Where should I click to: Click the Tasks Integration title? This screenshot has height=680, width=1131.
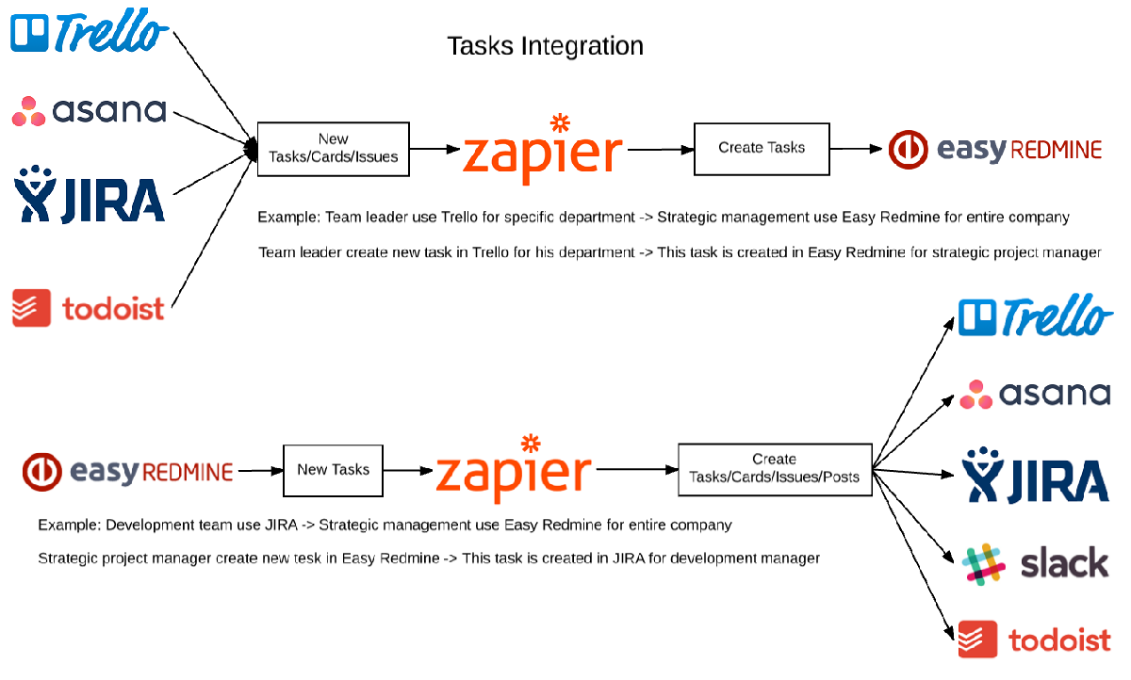(x=545, y=45)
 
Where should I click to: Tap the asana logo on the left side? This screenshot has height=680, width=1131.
(x=90, y=111)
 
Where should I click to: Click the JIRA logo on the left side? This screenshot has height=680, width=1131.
(x=90, y=194)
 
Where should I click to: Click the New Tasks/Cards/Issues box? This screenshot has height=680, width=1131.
(x=333, y=149)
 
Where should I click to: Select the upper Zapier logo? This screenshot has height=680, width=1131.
(x=543, y=151)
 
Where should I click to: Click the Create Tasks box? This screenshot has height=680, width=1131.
(x=762, y=148)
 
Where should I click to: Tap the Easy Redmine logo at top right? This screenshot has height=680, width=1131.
(x=995, y=149)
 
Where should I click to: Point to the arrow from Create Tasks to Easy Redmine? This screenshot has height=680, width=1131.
(x=858, y=148)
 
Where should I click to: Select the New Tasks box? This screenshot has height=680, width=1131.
(x=333, y=470)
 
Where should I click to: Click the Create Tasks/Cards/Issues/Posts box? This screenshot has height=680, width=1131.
(x=774, y=468)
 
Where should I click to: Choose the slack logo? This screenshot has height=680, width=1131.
(x=1035, y=564)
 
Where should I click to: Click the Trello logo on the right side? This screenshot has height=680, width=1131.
(x=1035, y=316)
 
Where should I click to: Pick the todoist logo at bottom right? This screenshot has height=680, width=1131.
(x=1035, y=640)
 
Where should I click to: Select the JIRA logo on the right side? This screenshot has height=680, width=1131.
(x=1035, y=476)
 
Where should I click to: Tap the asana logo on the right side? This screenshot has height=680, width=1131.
(x=1035, y=394)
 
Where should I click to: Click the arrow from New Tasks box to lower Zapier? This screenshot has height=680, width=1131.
(x=408, y=470)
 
